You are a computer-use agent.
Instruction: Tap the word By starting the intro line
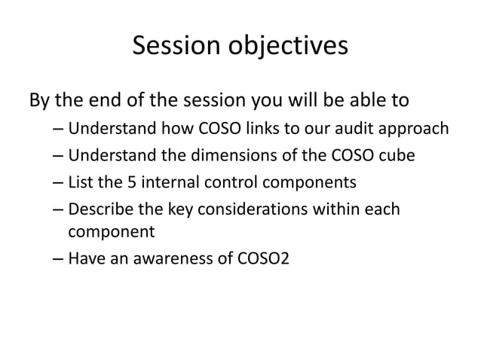coord(40,100)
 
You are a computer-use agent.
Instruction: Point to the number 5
coord(124,183)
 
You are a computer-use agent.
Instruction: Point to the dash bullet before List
coord(58,183)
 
